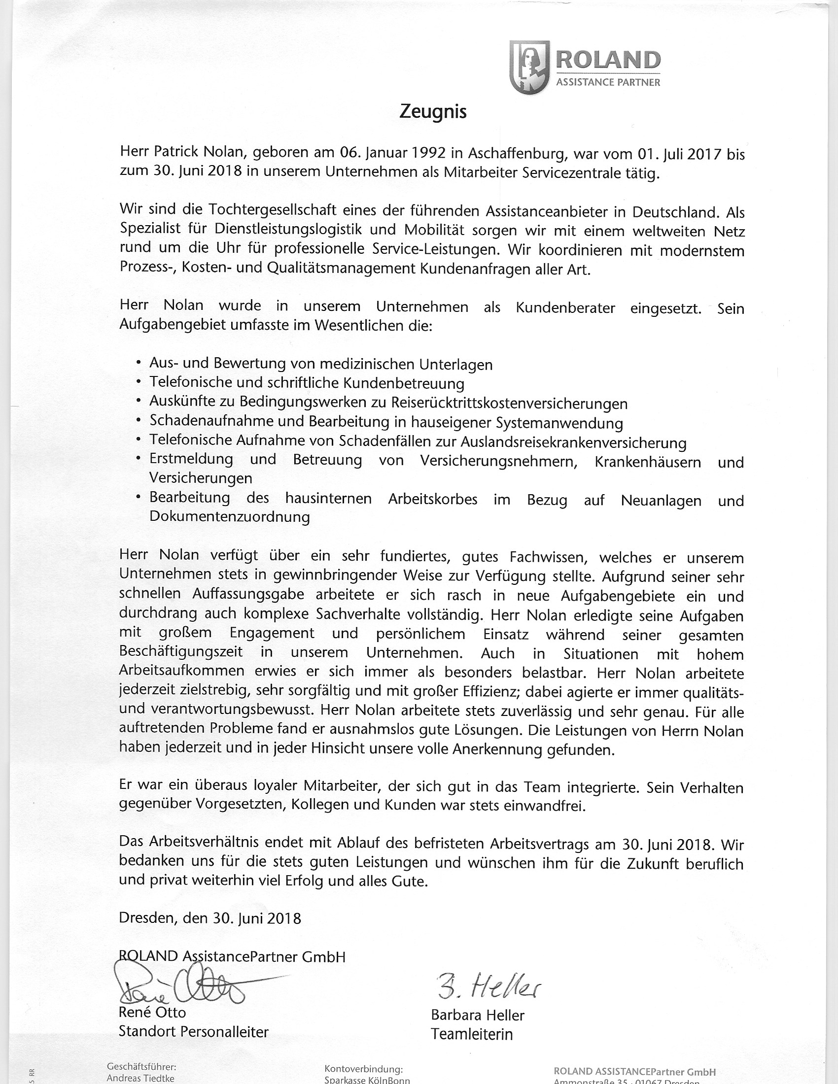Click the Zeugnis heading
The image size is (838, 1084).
pyautogui.click(x=433, y=113)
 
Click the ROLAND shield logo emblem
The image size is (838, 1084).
pyautogui.click(x=529, y=67)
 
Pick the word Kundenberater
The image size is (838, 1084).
pyautogui.click(x=565, y=308)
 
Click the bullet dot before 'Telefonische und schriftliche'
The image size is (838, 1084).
pyautogui.click(x=138, y=382)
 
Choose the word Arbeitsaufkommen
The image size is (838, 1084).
pyautogui.click(x=182, y=671)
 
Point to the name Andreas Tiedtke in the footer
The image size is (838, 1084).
pyautogui.click(x=140, y=1079)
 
